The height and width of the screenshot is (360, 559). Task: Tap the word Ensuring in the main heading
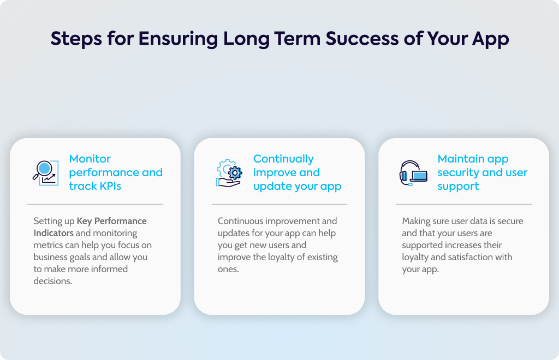point(178,39)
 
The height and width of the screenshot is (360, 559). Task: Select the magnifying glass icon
point(46,173)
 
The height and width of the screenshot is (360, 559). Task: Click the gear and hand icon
point(229,173)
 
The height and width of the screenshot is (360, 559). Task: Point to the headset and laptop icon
point(414,173)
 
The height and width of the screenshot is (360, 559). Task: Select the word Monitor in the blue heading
point(90,159)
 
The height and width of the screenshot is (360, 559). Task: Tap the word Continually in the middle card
point(283,159)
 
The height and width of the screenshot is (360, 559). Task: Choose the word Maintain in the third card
point(461,159)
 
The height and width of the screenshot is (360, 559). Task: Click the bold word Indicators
point(53,233)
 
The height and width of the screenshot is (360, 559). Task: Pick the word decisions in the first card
point(53,281)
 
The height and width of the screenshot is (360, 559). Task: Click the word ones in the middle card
point(228,269)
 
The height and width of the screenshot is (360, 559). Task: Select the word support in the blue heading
point(458,187)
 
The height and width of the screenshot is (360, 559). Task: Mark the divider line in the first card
point(95,204)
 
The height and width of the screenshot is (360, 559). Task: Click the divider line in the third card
point(463,204)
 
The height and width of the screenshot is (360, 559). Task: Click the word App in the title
point(491,39)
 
